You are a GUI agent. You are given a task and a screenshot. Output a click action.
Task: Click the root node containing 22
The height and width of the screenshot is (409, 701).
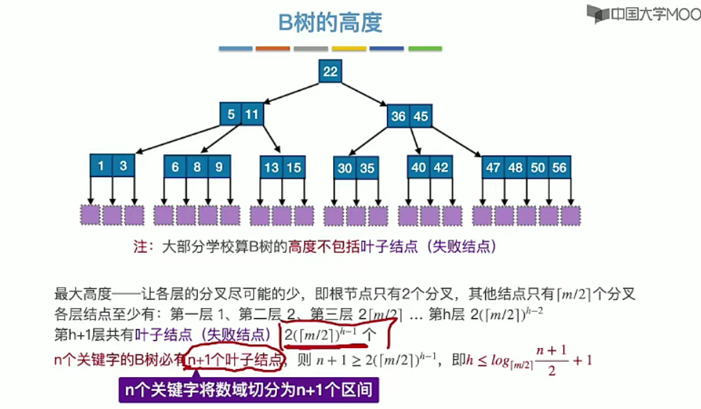[330, 71]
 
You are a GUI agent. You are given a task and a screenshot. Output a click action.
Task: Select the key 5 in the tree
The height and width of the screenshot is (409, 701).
[231, 114]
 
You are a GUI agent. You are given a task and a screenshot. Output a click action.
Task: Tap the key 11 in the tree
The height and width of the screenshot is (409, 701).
[252, 114]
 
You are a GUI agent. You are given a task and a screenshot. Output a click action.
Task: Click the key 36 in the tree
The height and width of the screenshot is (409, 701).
[398, 116]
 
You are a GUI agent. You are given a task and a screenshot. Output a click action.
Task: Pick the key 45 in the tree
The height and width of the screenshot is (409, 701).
[420, 116]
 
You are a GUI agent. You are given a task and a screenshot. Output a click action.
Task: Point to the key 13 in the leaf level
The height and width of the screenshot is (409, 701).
[271, 168]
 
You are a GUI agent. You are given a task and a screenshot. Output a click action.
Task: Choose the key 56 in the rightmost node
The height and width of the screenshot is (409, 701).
[559, 168]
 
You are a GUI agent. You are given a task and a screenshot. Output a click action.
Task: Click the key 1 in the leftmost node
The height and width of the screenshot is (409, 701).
[101, 166]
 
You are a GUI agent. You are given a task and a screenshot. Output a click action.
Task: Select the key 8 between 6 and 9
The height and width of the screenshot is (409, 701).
[197, 166]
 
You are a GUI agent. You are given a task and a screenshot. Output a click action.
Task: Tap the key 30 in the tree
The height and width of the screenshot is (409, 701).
[345, 169]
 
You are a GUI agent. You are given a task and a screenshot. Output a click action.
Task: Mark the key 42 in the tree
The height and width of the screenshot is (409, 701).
[441, 167]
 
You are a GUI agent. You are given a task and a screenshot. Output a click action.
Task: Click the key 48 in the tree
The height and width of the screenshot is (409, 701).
[516, 168]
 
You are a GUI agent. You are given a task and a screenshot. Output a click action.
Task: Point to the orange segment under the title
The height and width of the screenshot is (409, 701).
[273, 49]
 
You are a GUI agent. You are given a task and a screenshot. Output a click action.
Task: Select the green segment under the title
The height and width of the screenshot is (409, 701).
[425, 49]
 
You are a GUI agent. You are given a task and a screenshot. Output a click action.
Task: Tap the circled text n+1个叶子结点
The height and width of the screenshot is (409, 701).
[234, 359]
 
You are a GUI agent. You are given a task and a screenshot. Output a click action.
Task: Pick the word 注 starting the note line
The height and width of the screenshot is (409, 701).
[141, 246]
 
